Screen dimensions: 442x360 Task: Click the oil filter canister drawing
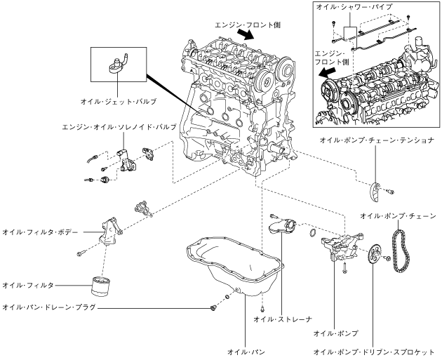coord(100,286)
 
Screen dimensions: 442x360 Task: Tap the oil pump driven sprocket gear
coord(373,254)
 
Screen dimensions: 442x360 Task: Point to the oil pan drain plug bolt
coord(213,308)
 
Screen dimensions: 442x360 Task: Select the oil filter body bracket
coord(111,232)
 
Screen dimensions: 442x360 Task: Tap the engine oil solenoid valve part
coord(127,161)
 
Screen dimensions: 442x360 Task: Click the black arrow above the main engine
coord(246,34)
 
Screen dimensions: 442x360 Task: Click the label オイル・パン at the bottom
coord(246,352)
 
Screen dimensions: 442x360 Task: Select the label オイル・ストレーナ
coord(283,319)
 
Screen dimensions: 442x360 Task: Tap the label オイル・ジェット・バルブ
coord(119,102)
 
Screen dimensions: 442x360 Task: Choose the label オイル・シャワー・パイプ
coord(354,7)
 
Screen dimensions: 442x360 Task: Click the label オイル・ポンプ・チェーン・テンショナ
coord(377,140)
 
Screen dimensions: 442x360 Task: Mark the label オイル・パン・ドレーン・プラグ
coord(49,307)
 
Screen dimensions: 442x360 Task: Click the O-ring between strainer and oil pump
coord(313,232)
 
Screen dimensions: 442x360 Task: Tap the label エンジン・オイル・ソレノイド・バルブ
coord(119,127)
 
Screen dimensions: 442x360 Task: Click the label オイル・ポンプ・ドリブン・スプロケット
coord(375,352)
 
